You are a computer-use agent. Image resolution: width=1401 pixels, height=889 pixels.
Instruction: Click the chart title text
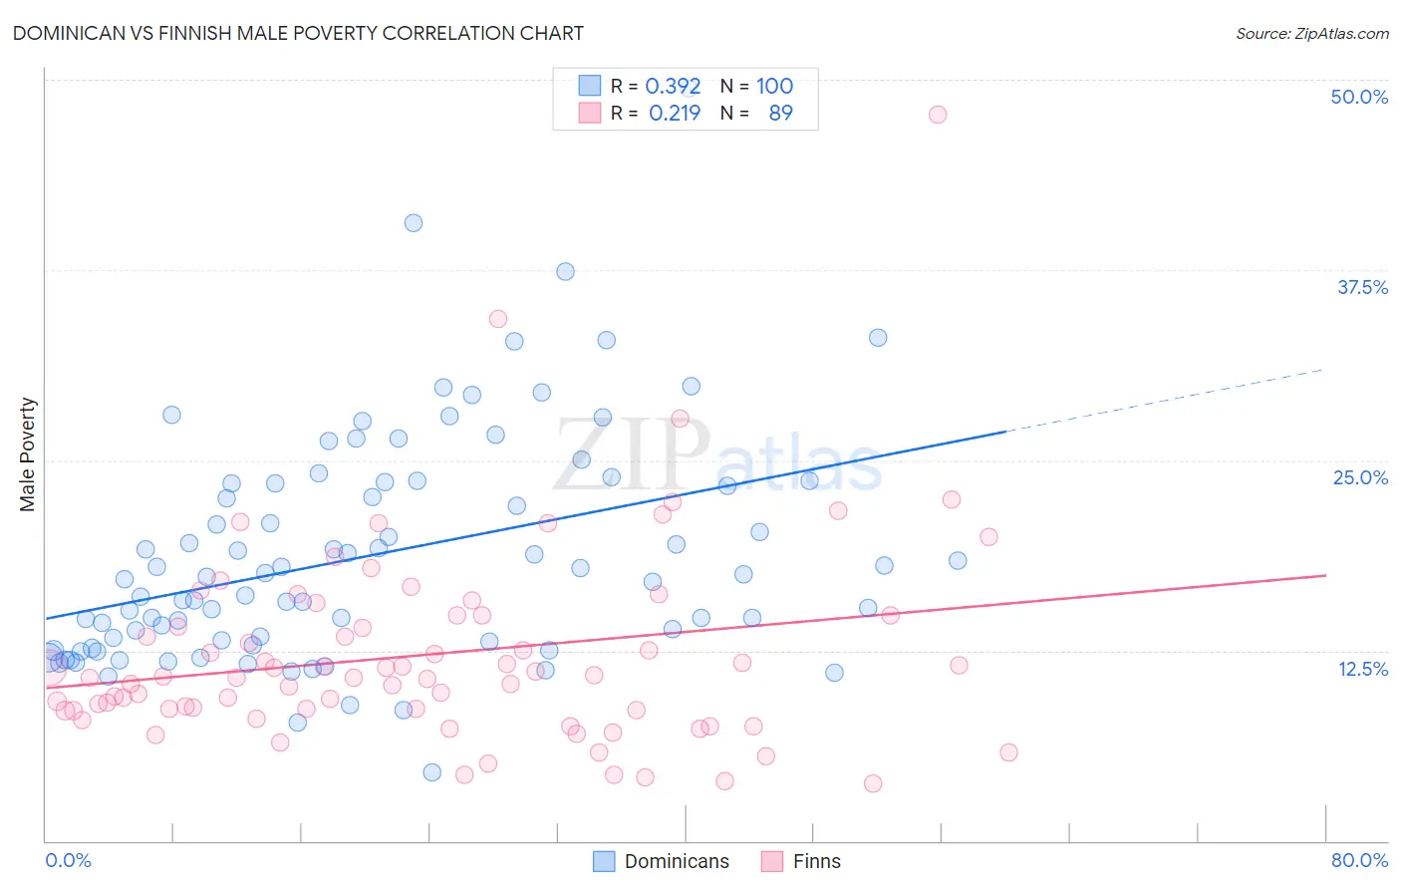[x=298, y=33]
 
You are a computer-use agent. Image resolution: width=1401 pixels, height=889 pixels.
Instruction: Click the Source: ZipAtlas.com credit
[x=1311, y=33]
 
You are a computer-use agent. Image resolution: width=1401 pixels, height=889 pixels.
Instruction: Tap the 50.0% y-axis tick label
[x=1359, y=97]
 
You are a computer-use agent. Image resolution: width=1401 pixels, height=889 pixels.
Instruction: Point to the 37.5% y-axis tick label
[x=1362, y=287]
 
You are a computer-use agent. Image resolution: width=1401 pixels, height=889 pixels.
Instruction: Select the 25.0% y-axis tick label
[x=1360, y=477]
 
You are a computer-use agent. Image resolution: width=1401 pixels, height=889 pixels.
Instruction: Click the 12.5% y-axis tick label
[x=1362, y=669]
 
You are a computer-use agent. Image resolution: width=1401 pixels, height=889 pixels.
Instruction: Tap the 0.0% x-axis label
[x=68, y=860]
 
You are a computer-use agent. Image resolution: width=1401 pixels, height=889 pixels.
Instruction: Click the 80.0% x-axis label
[x=1359, y=860]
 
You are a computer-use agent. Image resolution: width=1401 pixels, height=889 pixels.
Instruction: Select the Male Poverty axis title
[x=28, y=454]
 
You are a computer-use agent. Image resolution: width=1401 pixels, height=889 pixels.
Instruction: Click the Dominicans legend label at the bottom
[x=677, y=861]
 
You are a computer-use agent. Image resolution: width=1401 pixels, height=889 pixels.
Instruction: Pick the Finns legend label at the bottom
[x=816, y=861]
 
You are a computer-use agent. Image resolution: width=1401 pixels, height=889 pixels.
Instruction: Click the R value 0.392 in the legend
[x=673, y=87]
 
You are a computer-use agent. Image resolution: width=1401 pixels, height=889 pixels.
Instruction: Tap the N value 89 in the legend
[x=780, y=114]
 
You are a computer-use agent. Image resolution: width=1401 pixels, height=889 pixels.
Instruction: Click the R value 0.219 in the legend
[x=675, y=114]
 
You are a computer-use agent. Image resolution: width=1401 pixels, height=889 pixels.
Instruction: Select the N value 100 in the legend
[x=774, y=87]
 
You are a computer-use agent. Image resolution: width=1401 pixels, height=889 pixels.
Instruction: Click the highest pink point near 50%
[x=937, y=115]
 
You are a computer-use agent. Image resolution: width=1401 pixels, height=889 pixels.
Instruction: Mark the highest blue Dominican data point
[x=414, y=223]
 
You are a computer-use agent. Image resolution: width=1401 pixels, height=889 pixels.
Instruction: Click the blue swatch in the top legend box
[x=590, y=86]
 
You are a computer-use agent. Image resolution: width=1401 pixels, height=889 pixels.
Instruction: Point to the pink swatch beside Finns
[x=771, y=861]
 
